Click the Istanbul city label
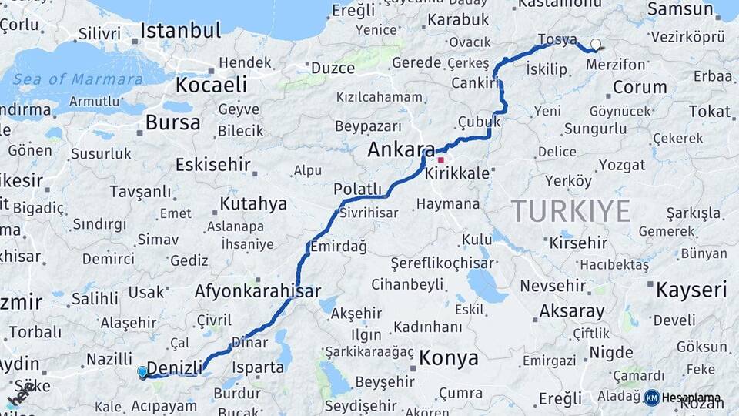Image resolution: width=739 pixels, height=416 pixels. [180, 32]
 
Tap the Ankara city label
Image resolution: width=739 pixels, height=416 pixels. [401, 149]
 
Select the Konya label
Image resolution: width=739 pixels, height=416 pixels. [449, 358]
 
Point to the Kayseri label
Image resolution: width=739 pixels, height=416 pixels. [691, 290]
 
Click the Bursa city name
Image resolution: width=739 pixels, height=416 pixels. [172, 122]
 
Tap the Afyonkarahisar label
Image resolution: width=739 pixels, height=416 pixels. [257, 292]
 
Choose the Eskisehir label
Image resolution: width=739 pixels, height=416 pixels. [213, 164]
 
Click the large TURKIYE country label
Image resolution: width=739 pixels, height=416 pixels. [571, 210]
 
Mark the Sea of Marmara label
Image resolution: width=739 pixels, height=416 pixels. [78, 79]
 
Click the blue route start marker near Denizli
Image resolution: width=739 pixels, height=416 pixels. [142, 373]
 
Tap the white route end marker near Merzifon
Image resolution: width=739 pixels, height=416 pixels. [595, 45]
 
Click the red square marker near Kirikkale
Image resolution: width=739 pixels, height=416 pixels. [440, 160]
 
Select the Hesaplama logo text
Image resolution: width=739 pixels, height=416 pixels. [691, 398]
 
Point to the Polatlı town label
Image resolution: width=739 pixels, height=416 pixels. [357, 190]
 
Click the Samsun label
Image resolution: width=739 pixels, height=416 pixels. [680, 9]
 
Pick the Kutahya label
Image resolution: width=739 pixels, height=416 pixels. [253, 204]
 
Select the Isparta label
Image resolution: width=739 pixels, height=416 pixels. [258, 367]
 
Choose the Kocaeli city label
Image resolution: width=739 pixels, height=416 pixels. [211, 84]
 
